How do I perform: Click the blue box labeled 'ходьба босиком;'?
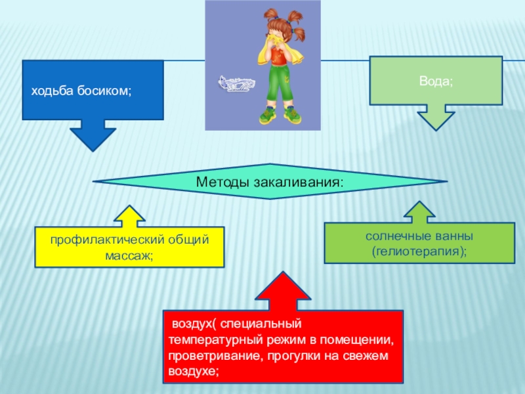tap(93, 90)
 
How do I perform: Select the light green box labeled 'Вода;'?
tap(436, 81)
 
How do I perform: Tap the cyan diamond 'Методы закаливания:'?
tap(270, 181)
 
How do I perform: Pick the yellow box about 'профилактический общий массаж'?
tap(129, 247)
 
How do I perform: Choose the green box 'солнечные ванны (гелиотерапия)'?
tap(420, 243)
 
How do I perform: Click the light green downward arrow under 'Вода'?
tap(436, 117)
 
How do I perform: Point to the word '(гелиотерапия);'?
tap(420, 251)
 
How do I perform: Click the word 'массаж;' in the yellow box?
tap(129, 255)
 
